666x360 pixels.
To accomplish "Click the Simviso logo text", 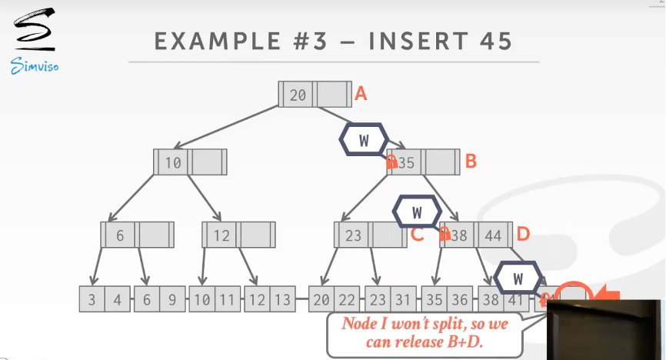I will pyautogui.click(x=35, y=66).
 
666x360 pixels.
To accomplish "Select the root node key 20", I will pyautogui.click(x=298, y=95).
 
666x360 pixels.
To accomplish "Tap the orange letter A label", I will pyautogui.click(x=361, y=94).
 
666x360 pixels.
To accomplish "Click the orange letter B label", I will pyautogui.click(x=471, y=162).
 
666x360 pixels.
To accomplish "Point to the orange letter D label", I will pyautogui.click(x=523, y=233).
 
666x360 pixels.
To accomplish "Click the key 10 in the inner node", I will pyautogui.click(x=172, y=163).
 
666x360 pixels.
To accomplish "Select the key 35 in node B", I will pyautogui.click(x=406, y=163).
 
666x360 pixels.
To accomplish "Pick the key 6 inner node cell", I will pyautogui.click(x=119, y=235).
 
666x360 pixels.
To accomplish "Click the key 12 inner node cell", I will pyautogui.click(x=221, y=235).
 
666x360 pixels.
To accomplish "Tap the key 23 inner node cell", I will pyautogui.click(x=353, y=235).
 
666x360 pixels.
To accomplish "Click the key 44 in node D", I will pyautogui.click(x=492, y=235).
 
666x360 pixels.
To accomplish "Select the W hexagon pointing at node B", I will pyautogui.click(x=364, y=140).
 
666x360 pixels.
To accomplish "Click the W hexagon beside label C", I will pyautogui.click(x=417, y=212).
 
